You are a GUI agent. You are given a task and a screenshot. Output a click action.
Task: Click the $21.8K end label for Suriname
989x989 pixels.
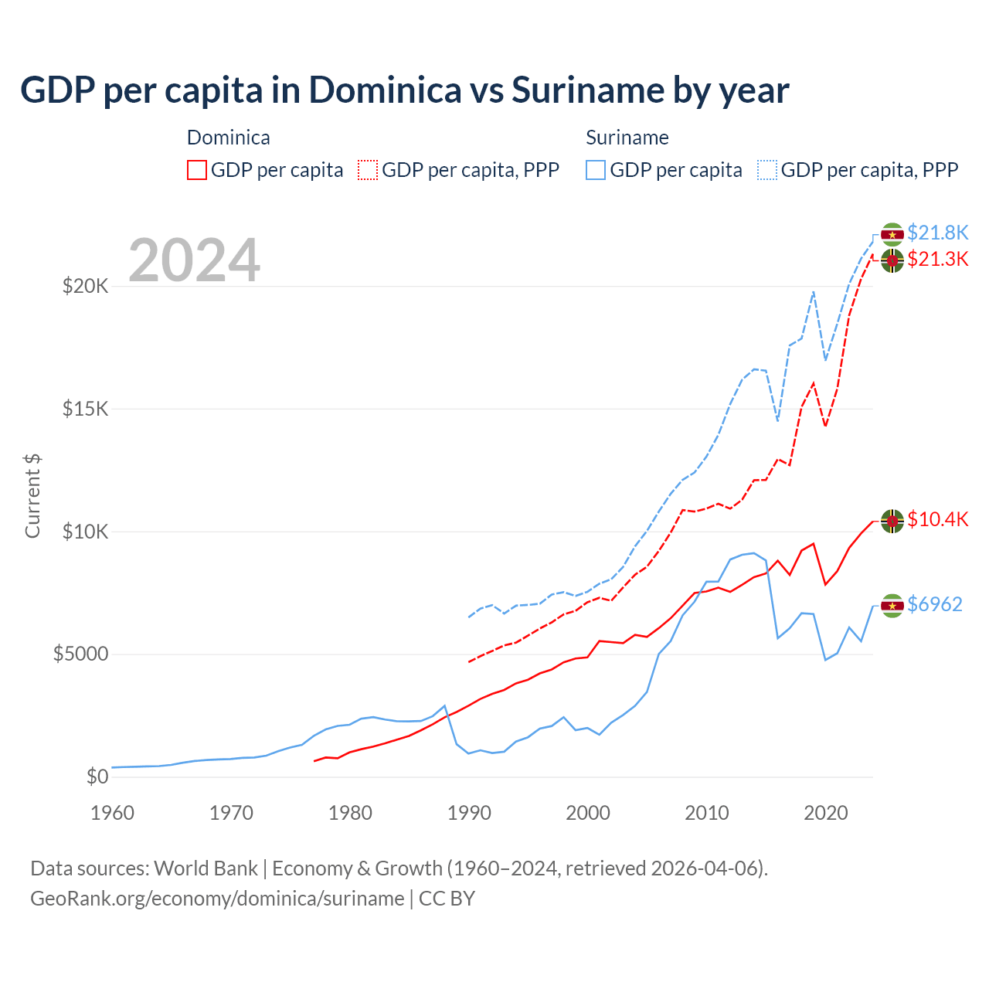click(937, 233)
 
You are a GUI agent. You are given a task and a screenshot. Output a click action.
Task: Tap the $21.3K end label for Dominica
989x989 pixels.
click(937, 259)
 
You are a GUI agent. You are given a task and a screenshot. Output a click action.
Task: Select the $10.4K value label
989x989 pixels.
click(937, 519)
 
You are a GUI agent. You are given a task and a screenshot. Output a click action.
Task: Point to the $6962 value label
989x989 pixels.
click(934, 604)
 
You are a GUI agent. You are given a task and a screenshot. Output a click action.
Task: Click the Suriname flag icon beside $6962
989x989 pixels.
click(892, 606)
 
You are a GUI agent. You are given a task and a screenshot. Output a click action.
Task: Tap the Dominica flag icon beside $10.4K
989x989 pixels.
click(892, 522)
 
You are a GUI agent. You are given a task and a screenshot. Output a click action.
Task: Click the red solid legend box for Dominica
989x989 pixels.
click(197, 170)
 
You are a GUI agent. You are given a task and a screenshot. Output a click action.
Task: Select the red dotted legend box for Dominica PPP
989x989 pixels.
click(368, 170)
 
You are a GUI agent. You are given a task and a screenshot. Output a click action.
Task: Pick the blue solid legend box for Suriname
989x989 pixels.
click(596, 170)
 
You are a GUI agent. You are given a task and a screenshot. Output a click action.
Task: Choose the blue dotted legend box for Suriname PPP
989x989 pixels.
click(767, 170)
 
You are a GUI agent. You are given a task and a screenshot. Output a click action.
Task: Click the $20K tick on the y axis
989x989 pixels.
click(85, 287)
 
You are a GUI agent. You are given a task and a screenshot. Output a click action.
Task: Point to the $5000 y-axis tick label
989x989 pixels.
click(80, 654)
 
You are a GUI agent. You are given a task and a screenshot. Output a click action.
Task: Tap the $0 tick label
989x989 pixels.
click(97, 777)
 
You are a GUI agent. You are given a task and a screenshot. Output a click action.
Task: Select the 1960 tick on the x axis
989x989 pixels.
click(113, 813)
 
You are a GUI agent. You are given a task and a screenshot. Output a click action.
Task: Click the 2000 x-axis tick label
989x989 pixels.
click(588, 813)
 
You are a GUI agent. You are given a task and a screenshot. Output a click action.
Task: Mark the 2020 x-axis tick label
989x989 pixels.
click(826, 813)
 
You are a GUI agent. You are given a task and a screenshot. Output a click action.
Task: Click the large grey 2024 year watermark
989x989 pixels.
click(194, 260)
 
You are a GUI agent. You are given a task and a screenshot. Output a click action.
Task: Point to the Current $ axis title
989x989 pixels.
click(32, 496)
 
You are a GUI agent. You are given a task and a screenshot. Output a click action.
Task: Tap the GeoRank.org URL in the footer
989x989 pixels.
click(217, 899)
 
